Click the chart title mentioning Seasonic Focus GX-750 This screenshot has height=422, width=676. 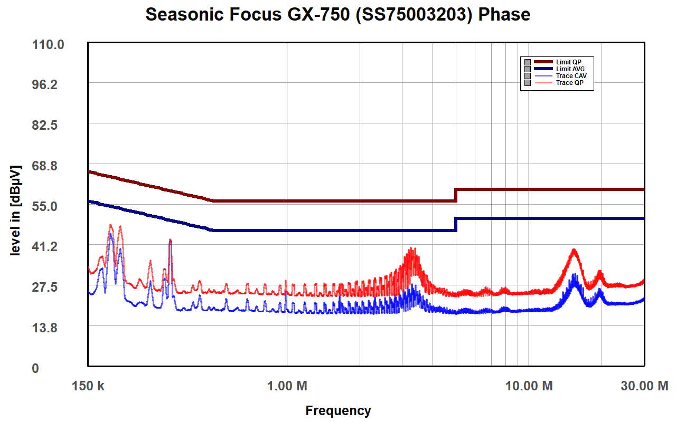pos(338,14)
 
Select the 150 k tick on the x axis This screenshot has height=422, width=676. pos(89,386)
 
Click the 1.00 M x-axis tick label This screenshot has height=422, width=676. pos(287,386)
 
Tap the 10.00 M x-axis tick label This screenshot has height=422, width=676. pos(529,386)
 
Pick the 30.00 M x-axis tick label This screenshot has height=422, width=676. pos(643,386)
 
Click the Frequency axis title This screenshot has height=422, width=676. pos(338,410)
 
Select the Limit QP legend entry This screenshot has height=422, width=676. pos(568,62)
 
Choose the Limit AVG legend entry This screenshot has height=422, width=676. pos(570,69)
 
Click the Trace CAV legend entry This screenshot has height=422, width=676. pos(571,76)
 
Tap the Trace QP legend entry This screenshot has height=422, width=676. pos(569,83)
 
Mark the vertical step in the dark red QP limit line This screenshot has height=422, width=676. pos(456,195)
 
